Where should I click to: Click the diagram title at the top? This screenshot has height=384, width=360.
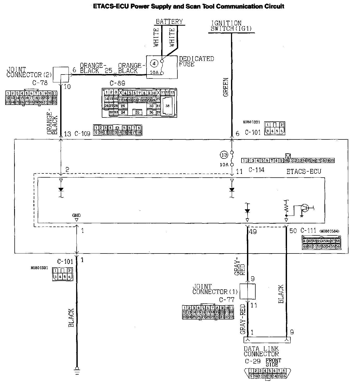coord(188,6)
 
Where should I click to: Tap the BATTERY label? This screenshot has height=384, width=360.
coord(169,21)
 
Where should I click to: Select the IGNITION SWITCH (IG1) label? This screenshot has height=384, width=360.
coord(231,26)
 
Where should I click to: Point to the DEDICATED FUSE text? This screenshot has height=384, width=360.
coord(196,61)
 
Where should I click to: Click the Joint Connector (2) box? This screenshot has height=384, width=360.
coord(60,75)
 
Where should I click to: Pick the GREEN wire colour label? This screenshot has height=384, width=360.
coord(226,87)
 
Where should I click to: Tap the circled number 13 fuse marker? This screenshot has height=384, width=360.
coord(224,155)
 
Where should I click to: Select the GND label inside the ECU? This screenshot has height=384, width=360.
coord(76,216)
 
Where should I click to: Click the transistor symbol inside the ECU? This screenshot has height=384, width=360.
coord(304,208)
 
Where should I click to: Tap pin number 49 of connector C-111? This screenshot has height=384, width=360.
coord(253,231)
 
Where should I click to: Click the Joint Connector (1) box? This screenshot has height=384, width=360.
coord(248,291)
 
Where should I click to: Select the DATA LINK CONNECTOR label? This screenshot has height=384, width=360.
coord(261,351)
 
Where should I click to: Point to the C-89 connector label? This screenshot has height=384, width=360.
coord(117,83)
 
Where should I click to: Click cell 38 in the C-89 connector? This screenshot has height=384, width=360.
coord(167,106)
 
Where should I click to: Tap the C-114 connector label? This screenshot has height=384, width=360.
coord(256,170)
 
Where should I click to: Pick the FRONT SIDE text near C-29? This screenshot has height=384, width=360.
coord(273,362)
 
